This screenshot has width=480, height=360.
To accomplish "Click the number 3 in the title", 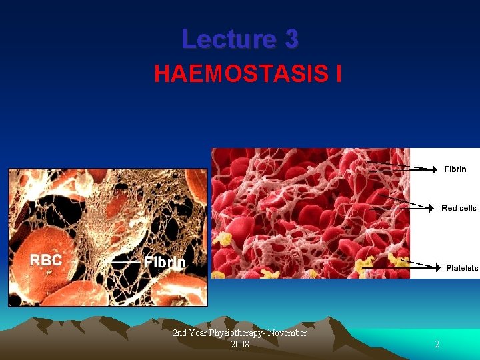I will pos(291,39).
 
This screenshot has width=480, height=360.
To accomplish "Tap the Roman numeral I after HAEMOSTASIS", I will pos(339,74).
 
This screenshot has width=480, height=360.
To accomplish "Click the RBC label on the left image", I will pos(45,260).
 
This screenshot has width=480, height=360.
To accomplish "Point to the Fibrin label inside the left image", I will pos(165,262).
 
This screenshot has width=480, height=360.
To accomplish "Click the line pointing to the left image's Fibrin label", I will pos(126,263).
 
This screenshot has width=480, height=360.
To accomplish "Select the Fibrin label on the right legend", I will pos(455,169).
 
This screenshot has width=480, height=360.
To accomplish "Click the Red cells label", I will pos(459,208).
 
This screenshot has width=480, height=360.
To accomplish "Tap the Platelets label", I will pos(462,268).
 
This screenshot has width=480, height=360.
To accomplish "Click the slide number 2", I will pos(437,345).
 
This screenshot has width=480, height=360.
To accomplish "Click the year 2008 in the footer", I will pos(240,344).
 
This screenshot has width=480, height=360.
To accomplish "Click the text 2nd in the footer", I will pos(179,333).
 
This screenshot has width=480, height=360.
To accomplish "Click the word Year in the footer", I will pos(197,333).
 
